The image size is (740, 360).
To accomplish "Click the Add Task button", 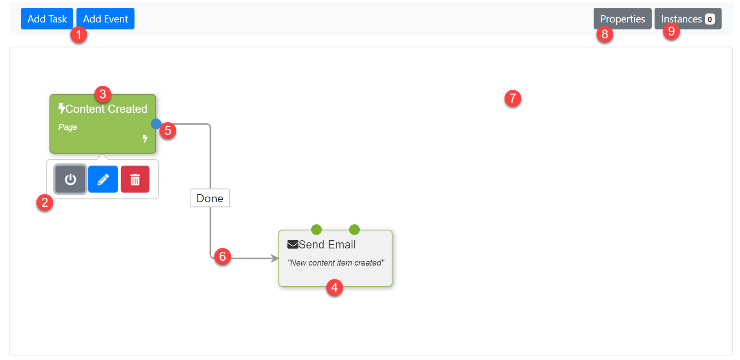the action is [x=47, y=19].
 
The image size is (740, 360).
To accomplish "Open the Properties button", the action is [x=622, y=19].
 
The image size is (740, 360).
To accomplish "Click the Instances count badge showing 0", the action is [x=710, y=19].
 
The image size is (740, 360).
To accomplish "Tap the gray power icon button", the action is [x=70, y=179].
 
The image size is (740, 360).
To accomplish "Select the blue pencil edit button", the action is [x=103, y=179].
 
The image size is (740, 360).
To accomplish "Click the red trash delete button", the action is [x=135, y=179].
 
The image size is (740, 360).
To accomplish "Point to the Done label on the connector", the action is [x=210, y=198].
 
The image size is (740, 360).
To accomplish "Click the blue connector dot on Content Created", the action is [x=156, y=124].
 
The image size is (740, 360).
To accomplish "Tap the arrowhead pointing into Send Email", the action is [x=275, y=258].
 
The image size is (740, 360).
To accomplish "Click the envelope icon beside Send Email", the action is [x=293, y=244].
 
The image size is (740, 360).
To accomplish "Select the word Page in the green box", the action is [x=67, y=127].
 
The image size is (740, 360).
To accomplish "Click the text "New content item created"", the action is [x=336, y=263].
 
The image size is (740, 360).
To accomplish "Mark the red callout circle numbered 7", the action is [x=513, y=98].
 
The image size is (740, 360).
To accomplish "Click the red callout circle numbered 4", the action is [x=334, y=288].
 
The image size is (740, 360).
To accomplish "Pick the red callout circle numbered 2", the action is [x=45, y=203].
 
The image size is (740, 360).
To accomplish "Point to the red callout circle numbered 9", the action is [x=671, y=31].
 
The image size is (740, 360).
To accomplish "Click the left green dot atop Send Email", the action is [x=316, y=230].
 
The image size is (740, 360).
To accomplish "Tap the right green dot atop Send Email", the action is [x=354, y=230].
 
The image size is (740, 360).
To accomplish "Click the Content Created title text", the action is [x=106, y=109].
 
